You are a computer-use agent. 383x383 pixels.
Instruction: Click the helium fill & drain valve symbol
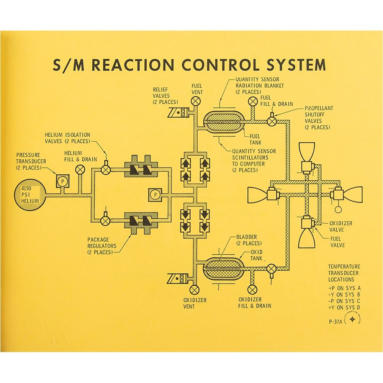coord(80,169)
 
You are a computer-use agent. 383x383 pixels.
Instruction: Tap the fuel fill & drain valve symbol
coord(252,101)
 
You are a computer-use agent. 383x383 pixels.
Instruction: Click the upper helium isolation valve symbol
coord(106,169)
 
